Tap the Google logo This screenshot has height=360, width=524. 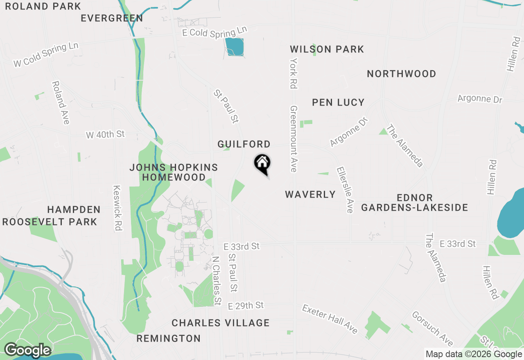tap(27, 351)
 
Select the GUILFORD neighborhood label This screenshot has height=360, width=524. tap(244, 144)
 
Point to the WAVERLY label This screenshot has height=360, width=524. tap(310, 194)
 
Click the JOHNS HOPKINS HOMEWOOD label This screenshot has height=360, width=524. tap(174, 172)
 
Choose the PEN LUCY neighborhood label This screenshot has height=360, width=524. tap(338, 102)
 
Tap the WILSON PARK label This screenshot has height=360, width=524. tap(327, 49)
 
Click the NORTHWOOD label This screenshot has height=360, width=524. tap(401, 74)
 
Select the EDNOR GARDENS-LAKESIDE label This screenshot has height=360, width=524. tap(414, 202)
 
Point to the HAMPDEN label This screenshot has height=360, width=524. tap(74, 209)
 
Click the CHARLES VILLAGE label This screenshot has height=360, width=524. tap(220, 323)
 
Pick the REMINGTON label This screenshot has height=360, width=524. tap(168, 338)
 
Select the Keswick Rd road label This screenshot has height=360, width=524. tap(117, 207)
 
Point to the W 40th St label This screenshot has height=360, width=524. tap(105, 134)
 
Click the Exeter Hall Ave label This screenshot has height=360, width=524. tap(330, 319)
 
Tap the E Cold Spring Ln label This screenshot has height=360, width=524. tap(215, 32)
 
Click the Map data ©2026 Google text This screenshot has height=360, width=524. tap(474, 354)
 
